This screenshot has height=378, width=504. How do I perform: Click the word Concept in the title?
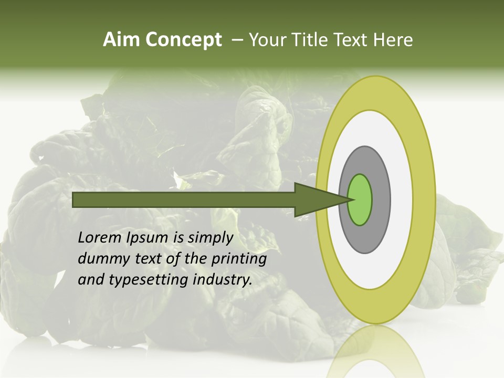[184, 40]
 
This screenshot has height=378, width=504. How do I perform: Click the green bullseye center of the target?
[360, 199]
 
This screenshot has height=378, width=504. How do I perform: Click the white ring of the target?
[402, 199]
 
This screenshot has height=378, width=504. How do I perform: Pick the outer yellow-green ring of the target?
[425, 199]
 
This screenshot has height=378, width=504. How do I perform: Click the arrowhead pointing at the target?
[315, 199]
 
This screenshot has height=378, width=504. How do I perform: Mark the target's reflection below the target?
[375, 352]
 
